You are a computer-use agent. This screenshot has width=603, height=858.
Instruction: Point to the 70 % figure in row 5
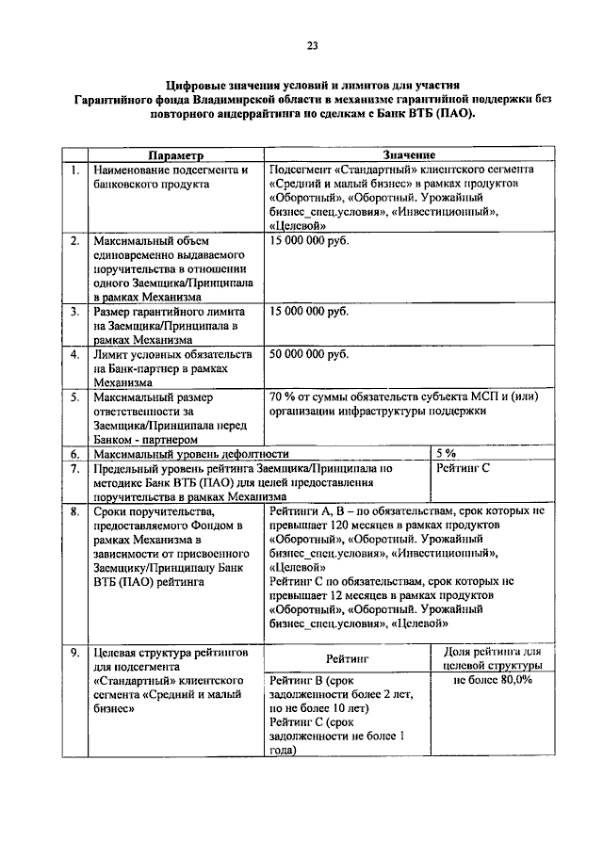point(282,397)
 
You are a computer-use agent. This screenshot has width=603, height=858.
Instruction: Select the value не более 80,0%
point(493,680)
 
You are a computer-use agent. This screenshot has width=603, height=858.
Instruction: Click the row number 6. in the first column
point(73,453)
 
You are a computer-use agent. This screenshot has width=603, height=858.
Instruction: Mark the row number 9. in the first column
point(73,653)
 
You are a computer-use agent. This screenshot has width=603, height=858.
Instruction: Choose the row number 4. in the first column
point(73,354)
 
